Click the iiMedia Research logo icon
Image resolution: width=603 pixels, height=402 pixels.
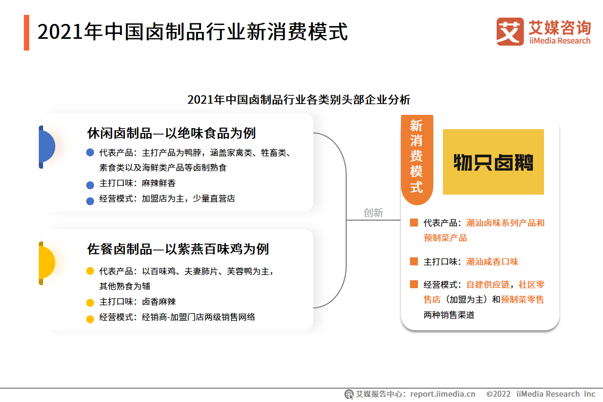pyautogui.click(x=510, y=31)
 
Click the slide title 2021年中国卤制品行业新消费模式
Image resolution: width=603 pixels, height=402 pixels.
pyautogui.click(x=192, y=32)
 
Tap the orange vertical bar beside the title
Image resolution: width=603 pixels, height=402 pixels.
pyautogui.click(x=27, y=32)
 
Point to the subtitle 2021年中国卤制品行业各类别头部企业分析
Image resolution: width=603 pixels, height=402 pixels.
pyautogui.click(x=299, y=99)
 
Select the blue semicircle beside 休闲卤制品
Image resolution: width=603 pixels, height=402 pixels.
pyautogui.click(x=47, y=147)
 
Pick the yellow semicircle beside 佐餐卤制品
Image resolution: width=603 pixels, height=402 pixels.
pyautogui.click(x=47, y=263)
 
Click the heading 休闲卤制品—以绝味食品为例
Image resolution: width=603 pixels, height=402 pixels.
pyautogui.click(x=171, y=133)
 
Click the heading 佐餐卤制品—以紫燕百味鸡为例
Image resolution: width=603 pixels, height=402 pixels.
pyautogui.click(x=178, y=249)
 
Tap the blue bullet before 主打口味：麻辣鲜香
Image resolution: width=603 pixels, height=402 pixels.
pyautogui.click(x=90, y=185)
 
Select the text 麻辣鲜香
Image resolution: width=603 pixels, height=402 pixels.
pyautogui.click(x=158, y=183)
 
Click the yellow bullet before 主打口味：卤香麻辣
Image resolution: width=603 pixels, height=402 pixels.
pyautogui.click(x=90, y=303)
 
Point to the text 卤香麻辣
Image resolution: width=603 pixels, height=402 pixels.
pyautogui.click(x=158, y=301)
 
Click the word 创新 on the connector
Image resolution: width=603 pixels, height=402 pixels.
pyautogui.click(x=373, y=213)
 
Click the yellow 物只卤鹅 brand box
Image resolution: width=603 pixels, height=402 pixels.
pyautogui.click(x=493, y=162)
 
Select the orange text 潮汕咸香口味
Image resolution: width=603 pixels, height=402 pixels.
pyautogui.click(x=492, y=262)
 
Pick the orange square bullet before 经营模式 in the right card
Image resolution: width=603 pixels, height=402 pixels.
pyautogui.click(x=414, y=284)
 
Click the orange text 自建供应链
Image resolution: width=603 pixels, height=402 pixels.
pyautogui.click(x=488, y=284)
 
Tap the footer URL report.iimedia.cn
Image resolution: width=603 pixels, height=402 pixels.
pyautogui.click(x=442, y=394)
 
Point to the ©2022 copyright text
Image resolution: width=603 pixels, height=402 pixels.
pyautogui.click(x=498, y=394)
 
